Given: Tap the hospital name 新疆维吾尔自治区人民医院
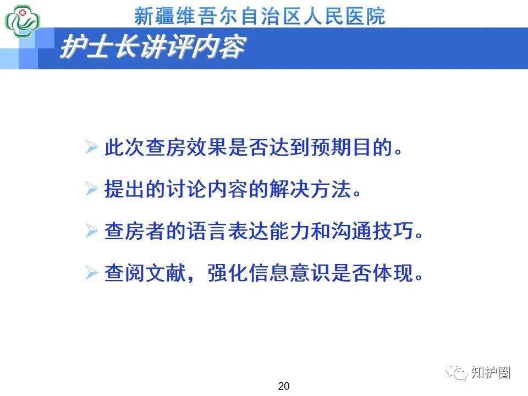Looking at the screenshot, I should pos(260,16).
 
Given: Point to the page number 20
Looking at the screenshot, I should pos(284,386).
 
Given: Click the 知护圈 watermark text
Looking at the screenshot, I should pos(491,372).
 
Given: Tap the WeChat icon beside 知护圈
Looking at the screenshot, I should pos(457,372).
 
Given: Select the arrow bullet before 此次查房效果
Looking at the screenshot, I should pos(91,148).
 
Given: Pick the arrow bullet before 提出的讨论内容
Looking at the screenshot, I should pos(91,190).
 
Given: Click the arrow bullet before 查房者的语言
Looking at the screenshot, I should pos(91,231).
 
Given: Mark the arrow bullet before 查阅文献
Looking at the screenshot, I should pos(91,273).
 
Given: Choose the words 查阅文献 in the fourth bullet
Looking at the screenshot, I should pos(145,273).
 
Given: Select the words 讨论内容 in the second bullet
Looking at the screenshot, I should pos(207,190).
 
